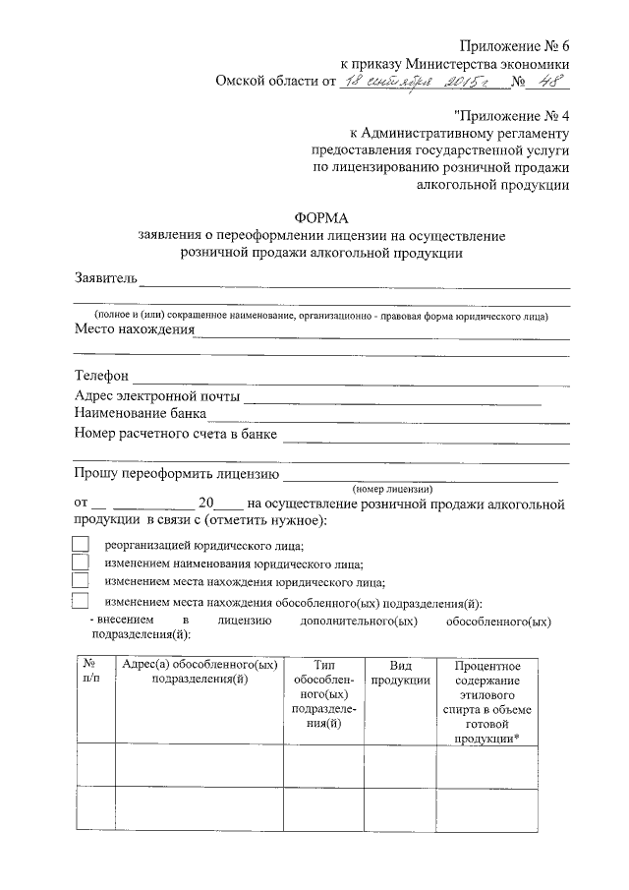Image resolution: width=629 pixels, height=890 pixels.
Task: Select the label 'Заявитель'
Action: pyautogui.click(x=106, y=278)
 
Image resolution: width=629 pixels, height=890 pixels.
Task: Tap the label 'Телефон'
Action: pyautogui.click(x=101, y=377)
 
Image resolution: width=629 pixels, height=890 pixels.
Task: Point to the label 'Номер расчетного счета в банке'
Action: pyautogui.click(x=176, y=434)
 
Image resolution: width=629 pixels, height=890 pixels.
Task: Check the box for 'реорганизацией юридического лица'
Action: pyautogui.click(x=82, y=544)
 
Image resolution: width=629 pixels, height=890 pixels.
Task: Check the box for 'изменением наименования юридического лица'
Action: pyautogui.click(x=82, y=563)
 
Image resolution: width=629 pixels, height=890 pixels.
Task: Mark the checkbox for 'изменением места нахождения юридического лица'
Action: pyautogui.click(x=82, y=581)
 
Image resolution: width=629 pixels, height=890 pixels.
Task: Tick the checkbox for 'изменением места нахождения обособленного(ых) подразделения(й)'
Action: pyautogui.click(x=82, y=602)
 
